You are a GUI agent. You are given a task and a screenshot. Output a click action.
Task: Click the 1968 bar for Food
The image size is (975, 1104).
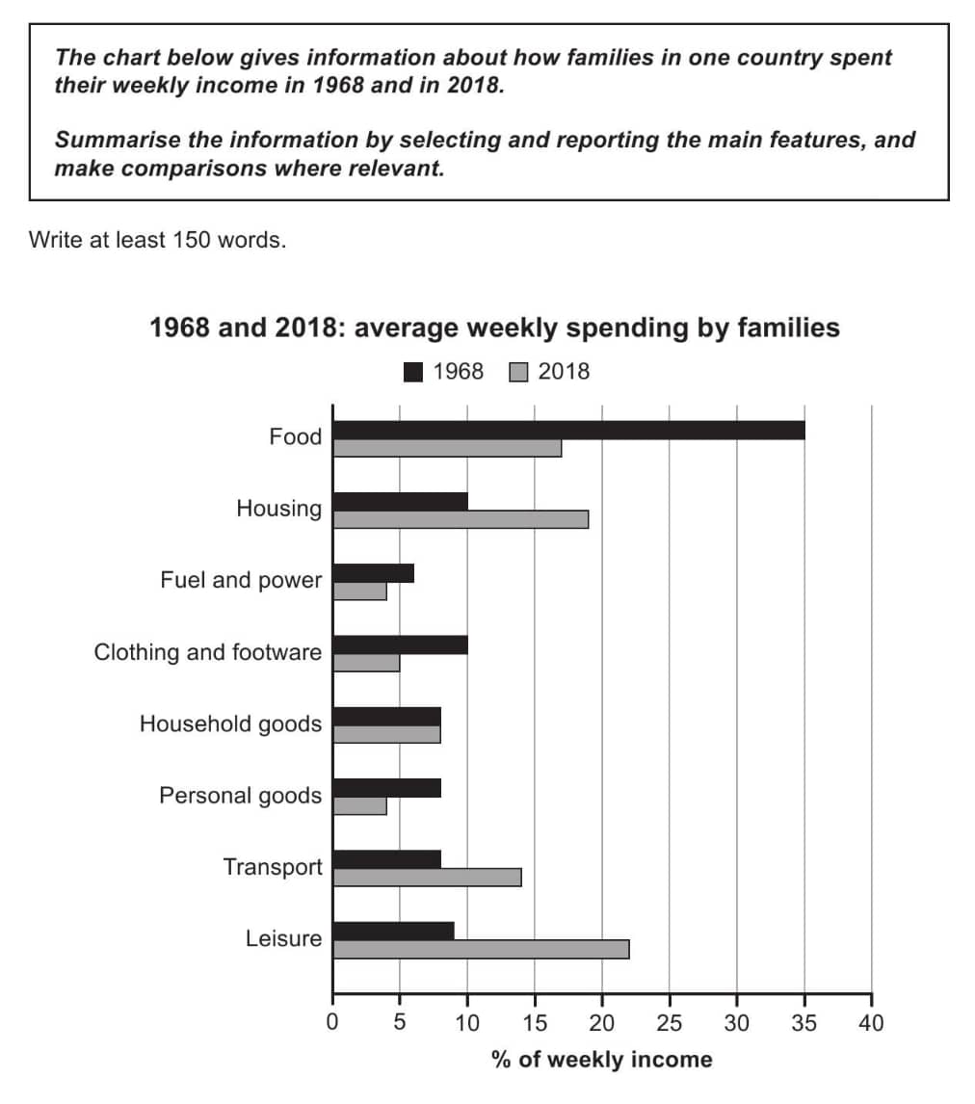pos(568,431)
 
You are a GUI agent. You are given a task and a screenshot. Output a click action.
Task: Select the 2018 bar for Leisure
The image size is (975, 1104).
pos(481,949)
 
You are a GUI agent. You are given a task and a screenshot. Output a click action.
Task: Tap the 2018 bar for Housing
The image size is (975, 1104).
pos(461,519)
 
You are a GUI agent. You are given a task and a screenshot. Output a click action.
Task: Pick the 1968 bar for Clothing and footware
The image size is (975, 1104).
pos(400,644)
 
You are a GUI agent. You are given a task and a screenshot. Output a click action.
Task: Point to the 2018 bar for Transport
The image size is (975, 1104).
pos(427,877)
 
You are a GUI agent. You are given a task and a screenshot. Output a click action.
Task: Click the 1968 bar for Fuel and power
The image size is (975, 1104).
pos(373,573)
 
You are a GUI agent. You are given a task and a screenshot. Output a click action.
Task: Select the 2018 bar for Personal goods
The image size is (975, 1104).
pos(359,805)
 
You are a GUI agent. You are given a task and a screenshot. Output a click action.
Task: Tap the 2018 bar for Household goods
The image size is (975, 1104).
pos(386,734)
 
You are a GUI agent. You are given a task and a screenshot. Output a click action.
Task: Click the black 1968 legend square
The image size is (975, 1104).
pos(414,372)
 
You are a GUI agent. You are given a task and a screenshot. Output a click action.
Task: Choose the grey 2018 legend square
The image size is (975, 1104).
pos(518,372)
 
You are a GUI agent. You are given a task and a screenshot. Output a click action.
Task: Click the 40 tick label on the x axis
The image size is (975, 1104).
pos(871,1022)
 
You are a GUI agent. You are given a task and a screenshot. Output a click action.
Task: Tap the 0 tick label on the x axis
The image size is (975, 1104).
pos(332,1022)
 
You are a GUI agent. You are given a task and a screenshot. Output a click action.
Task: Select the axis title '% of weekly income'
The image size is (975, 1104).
pos(602,1060)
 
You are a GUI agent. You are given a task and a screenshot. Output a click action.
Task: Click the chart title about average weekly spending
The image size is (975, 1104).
pos(494,328)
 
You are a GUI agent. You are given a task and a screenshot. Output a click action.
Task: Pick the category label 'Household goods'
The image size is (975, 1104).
pos(230,723)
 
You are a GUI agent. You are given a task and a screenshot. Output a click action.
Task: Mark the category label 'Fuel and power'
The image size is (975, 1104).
pos(241,580)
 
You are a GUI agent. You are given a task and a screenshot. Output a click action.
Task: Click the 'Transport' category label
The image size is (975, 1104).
pos(273,867)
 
